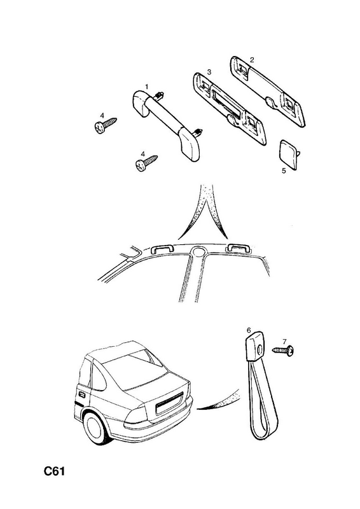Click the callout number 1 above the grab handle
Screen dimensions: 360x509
pyautogui.click(x=147, y=87)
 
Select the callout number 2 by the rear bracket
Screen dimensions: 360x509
pyautogui.click(x=252, y=60)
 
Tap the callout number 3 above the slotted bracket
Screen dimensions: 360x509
pyautogui.click(x=209, y=72)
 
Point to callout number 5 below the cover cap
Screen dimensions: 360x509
pyautogui.click(x=284, y=171)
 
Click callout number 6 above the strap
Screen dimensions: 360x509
pyautogui.click(x=249, y=331)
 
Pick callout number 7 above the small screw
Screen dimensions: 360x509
pyautogui.click(x=285, y=342)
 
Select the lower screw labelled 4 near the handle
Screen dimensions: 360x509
pyautogui.click(x=146, y=164)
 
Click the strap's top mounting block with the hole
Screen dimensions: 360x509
pyautogui.click(x=254, y=348)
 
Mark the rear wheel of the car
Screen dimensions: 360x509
pyautogui.click(x=97, y=428)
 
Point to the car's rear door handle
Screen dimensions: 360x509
pyautogui.click(x=81, y=395)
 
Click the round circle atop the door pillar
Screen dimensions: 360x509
pyautogui.click(x=198, y=251)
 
